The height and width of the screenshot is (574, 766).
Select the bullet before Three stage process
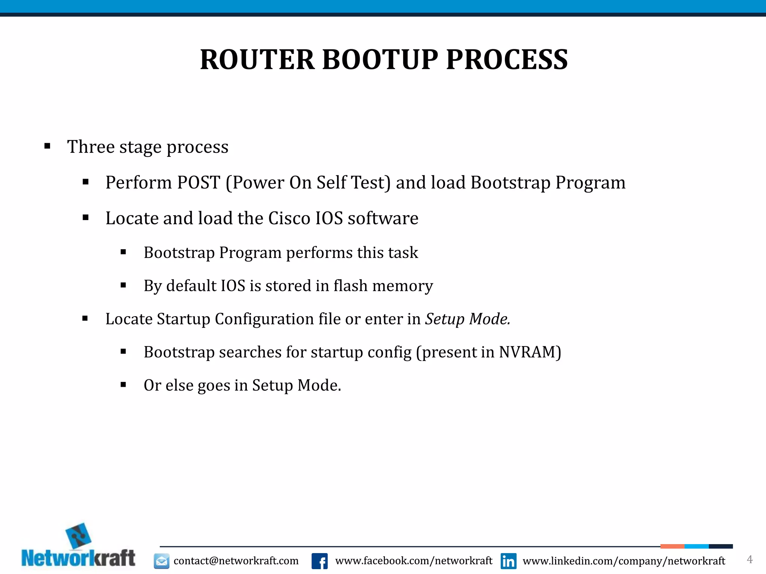47,146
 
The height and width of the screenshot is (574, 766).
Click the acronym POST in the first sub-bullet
198,183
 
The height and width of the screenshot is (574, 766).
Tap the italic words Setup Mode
468,319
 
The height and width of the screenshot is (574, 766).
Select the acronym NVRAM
527,352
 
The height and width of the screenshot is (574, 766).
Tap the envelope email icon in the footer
162,561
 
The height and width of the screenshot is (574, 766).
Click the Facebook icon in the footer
319,561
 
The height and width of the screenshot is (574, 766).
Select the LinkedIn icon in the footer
508,561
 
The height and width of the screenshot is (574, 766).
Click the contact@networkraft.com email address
236,561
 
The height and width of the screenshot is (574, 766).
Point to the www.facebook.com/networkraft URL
414,561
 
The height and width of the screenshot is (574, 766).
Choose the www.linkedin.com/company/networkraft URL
623,561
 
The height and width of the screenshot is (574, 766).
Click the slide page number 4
750,559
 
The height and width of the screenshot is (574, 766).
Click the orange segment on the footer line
672,546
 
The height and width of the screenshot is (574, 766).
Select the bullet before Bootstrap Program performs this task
123,253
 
